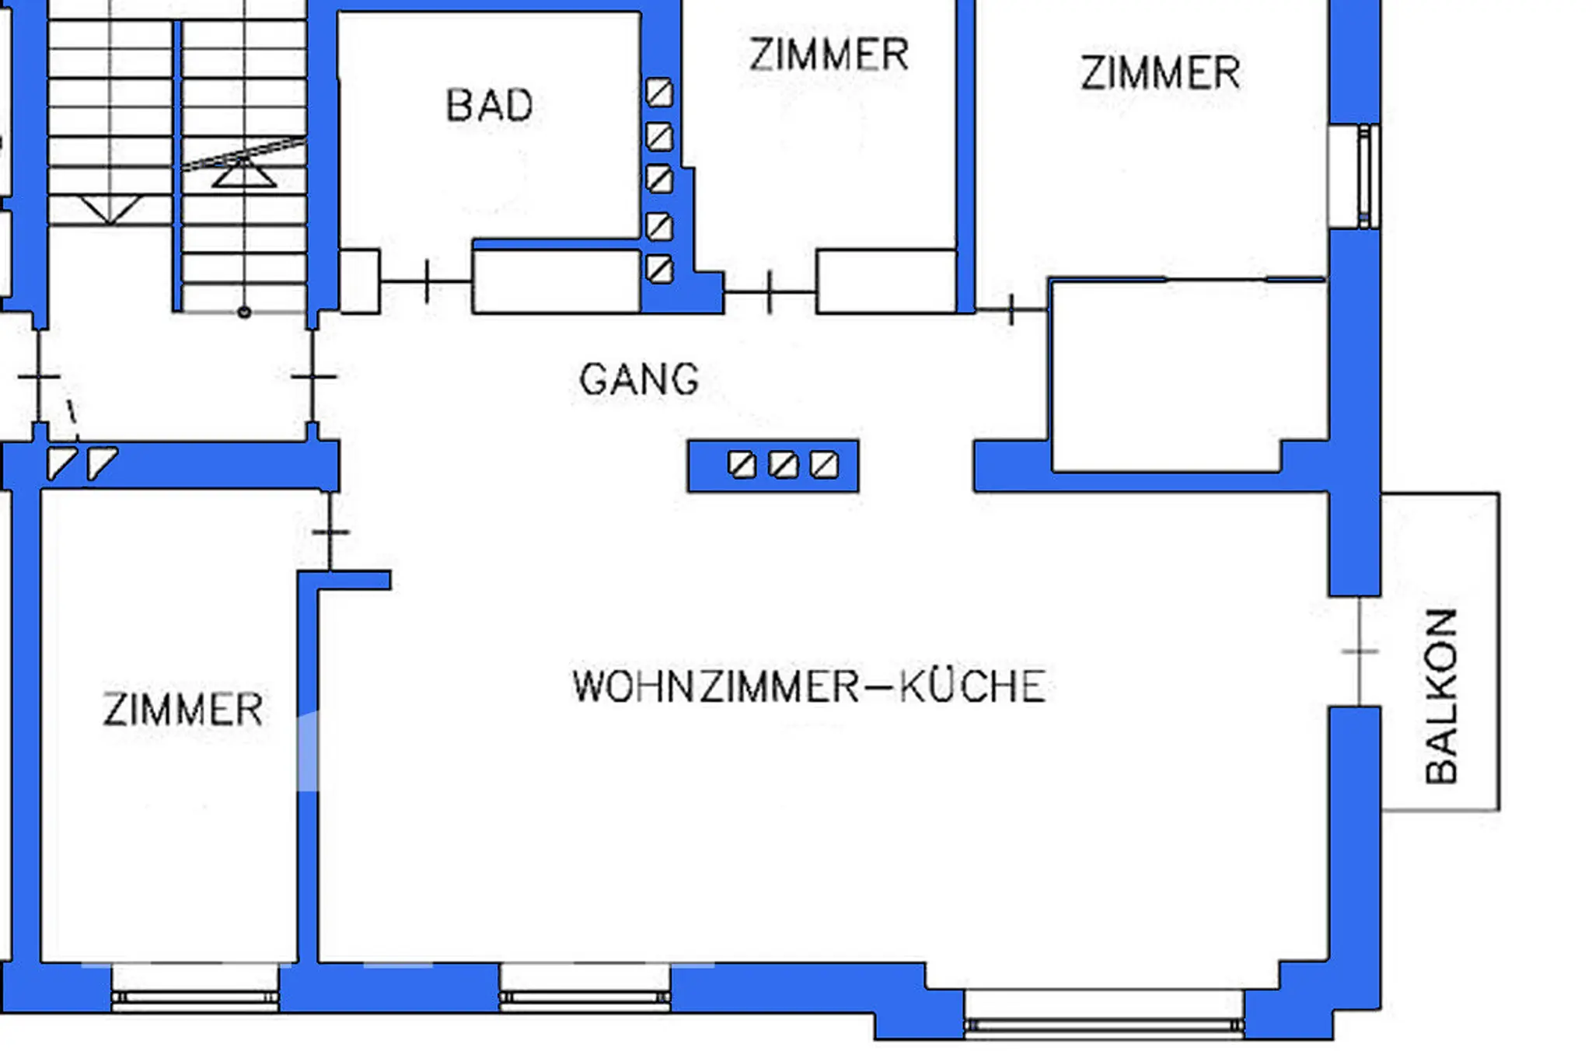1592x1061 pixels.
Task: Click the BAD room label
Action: (x=490, y=105)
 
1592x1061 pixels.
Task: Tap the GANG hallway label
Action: (x=639, y=379)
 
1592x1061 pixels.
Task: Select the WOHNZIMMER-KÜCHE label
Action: (x=809, y=686)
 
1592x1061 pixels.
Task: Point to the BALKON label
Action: (x=1441, y=696)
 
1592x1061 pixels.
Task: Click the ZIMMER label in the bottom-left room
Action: (x=183, y=710)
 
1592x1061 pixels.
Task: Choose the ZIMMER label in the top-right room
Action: (x=1160, y=73)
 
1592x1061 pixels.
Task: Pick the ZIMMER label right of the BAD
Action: (x=829, y=54)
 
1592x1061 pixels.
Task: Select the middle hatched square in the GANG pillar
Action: (x=783, y=465)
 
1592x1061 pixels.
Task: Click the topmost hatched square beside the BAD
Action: (x=659, y=92)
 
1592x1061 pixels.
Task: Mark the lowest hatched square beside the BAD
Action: (x=659, y=270)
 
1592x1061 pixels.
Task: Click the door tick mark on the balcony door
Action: (x=1360, y=651)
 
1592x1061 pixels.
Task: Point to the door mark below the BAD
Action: (x=427, y=281)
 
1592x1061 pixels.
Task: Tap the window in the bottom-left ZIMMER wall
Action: (x=194, y=996)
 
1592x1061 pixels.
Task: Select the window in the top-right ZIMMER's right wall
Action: (x=1365, y=176)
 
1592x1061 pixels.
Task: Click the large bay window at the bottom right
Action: (x=1104, y=1026)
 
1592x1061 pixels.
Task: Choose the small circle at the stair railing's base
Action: (x=244, y=312)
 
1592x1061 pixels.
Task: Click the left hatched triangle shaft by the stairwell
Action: (x=61, y=463)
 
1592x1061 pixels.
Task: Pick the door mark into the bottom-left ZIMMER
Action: (x=330, y=532)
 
